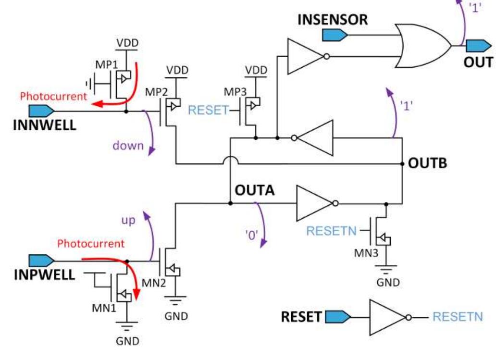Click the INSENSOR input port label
click(x=333, y=20)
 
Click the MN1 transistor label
click(x=104, y=307)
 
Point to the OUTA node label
click(x=254, y=190)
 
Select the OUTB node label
click(x=427, y=163)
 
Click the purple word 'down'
click(x=128, y=145)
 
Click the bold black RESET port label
click(x=301, y=317)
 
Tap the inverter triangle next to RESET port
click(x=387, y=317)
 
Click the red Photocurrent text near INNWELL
click(x=53, y=96)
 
